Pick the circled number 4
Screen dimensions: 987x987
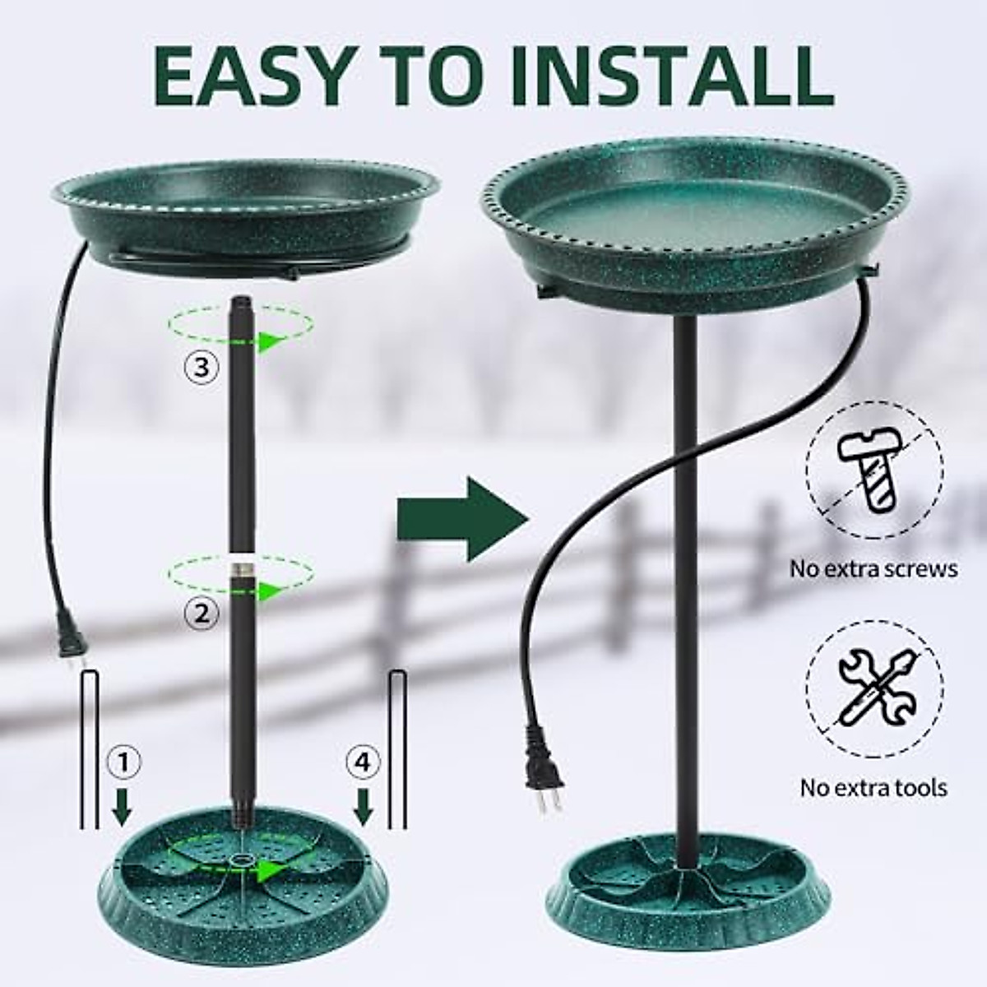[x=364, y=763]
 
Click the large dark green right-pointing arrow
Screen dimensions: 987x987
[x=461, y=519]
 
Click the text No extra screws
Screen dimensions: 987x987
[x=873, y=568]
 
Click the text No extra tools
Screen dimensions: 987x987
[x=873, y=787]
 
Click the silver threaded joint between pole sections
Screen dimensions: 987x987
[x=241, y=568]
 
